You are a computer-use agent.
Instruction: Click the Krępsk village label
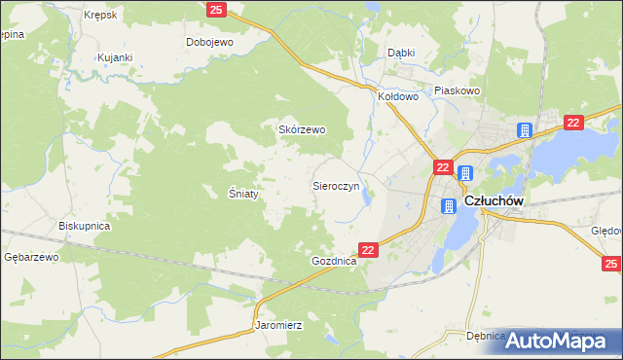point(100,16)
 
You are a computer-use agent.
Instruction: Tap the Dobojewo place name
point(210,42)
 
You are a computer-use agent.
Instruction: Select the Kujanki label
point(114,58)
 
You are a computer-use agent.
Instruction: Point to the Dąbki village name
point(401,53)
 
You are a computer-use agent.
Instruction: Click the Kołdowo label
point(398,96)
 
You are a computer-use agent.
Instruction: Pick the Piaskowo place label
point(458,90)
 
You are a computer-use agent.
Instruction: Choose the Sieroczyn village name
point(336,184)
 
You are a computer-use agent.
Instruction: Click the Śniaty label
point(243,194)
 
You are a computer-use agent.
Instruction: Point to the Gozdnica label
point(335,262)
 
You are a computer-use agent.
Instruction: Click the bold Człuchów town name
point(495,201)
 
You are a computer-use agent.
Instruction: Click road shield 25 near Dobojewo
point(217,10)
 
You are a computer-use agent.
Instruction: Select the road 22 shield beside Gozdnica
point(368,250)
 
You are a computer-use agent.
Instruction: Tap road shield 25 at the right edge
point(611,264)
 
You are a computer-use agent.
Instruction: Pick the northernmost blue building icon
point(525,130)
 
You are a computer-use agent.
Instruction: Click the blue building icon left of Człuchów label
point(449,206)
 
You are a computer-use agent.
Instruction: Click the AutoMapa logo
point(563,340)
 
